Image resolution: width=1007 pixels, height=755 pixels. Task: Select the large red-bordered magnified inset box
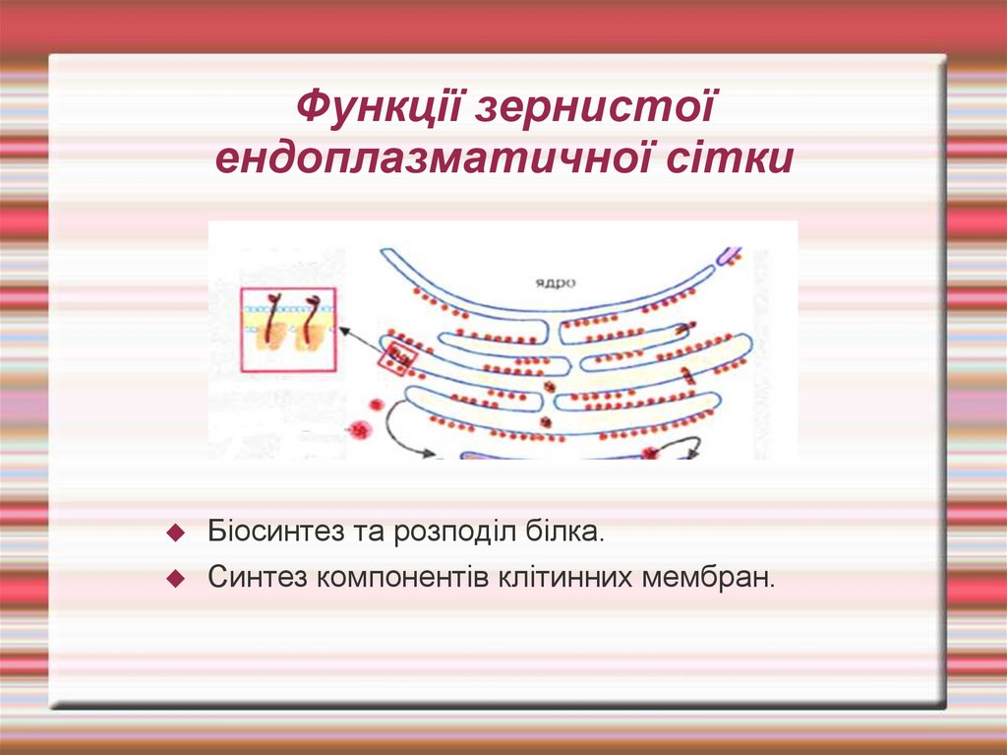pos(288,330)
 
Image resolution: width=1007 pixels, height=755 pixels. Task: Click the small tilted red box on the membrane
pos(397,357)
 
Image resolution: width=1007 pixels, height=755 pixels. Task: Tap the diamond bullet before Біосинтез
pos(177,533)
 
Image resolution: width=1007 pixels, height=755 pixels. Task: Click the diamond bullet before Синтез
pos(177,578)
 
